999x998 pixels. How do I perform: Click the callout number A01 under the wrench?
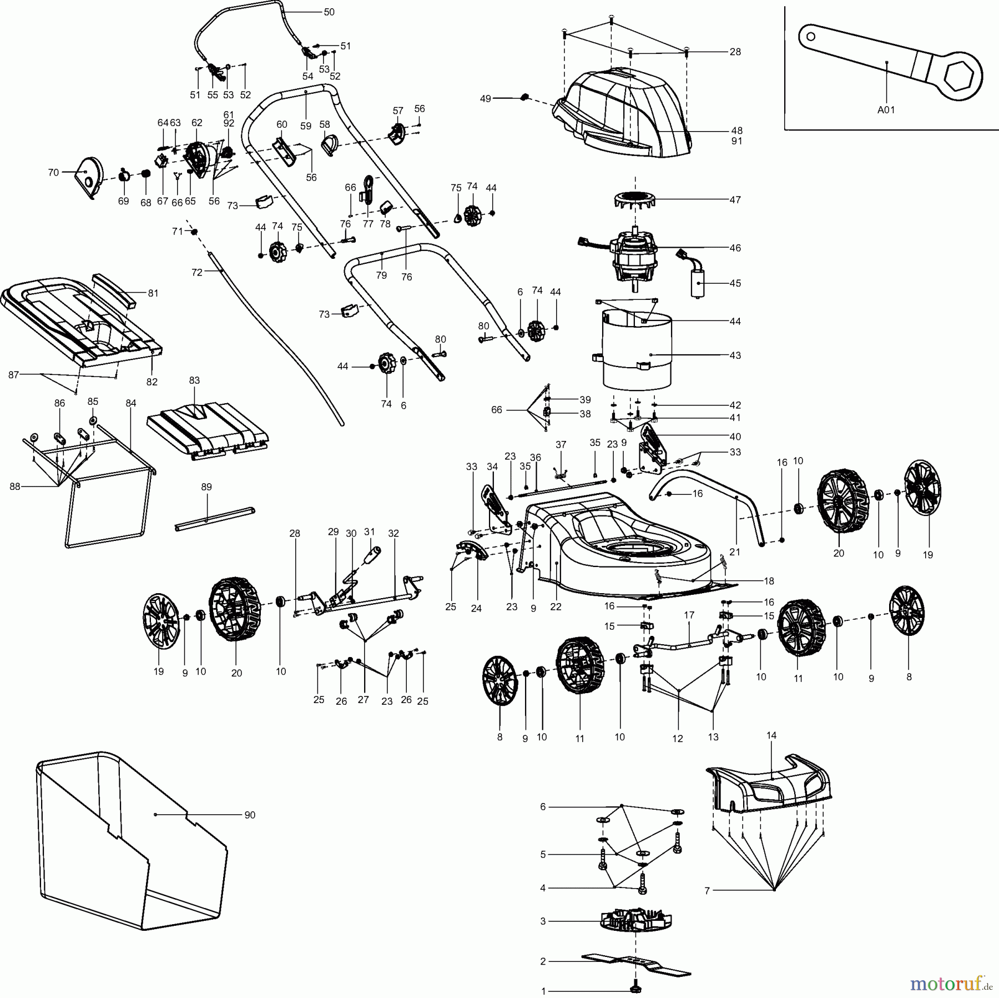click(886, 110)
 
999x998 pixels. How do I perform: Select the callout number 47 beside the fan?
click(735, 199)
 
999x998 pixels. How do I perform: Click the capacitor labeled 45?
click(696, 282)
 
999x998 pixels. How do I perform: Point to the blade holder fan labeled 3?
click(636, 921)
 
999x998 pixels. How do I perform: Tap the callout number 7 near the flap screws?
click(707, 891)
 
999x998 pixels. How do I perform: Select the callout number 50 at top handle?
click(329, 12)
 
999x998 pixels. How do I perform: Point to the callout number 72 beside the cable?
click(197, 273)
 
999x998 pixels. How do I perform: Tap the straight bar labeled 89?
click(214, 518)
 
